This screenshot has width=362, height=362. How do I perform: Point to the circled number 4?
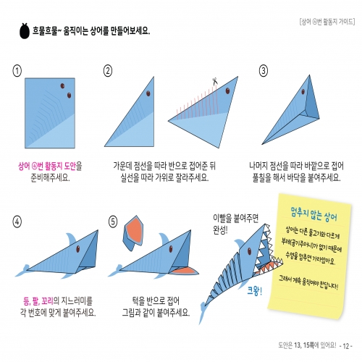point(17,222)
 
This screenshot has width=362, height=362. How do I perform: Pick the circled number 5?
point(113,222)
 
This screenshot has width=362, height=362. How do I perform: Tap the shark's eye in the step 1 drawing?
point(68,94)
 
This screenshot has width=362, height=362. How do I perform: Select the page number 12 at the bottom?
point(347,345)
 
